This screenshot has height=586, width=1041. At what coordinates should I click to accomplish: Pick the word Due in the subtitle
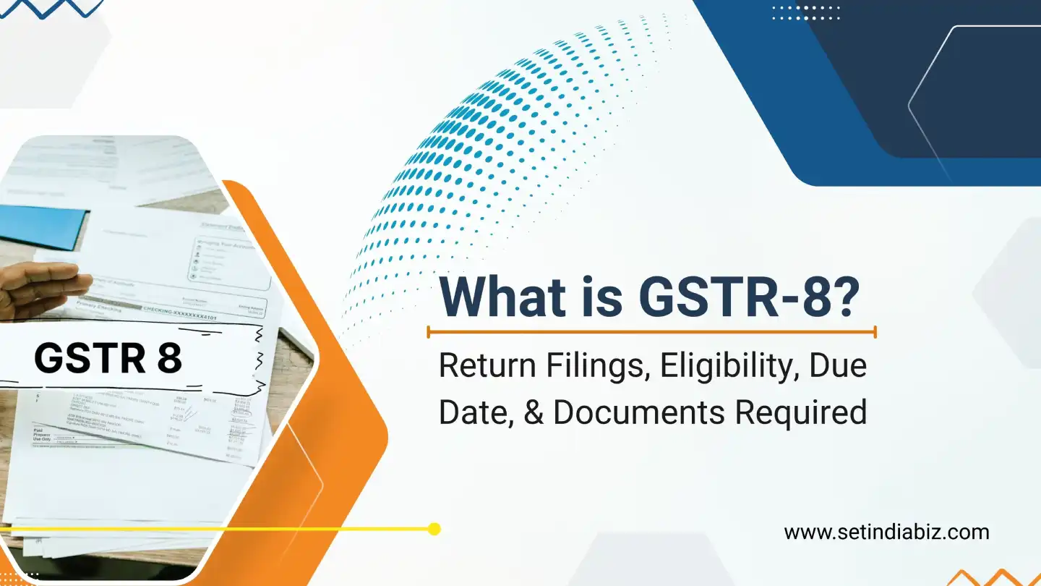coord(838,367)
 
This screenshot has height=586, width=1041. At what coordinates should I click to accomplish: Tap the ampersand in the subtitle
coord(536,412)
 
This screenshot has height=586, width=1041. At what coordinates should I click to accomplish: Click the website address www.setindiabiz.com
coord(886,532)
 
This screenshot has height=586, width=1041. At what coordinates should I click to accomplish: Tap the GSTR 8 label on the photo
coord(108,358)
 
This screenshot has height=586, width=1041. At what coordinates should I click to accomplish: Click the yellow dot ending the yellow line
coord(434,529)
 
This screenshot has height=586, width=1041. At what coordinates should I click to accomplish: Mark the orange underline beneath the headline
coord(651,332)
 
